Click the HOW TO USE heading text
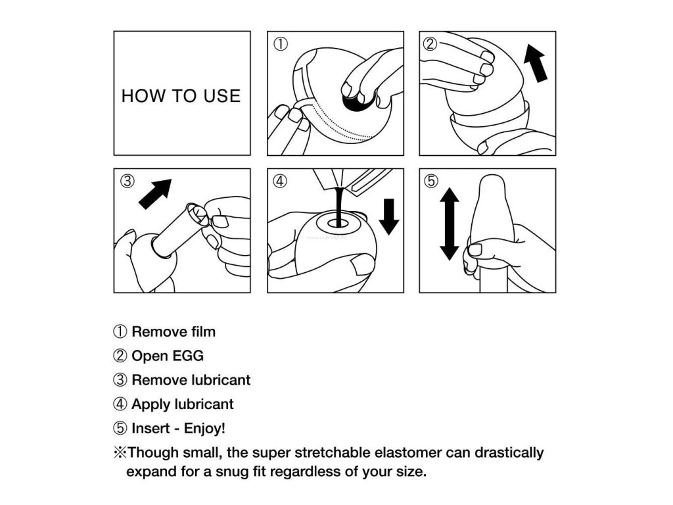[x=181, y=96]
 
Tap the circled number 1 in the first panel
[x=281, y=44]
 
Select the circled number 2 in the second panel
[x=430, y=44]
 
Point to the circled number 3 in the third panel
[x=127, y=181]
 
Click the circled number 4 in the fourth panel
[x=280, y=181]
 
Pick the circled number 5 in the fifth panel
[x=431, y=181]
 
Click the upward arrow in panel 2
[x=535, y=62]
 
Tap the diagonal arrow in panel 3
[x=155, y=194]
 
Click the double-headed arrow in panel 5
[x=450, y=224]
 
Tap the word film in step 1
[x=204, y=331]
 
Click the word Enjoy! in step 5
[x=204, y=429]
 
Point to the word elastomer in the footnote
[x=407, y=452]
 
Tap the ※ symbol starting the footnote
[x=120, y=452]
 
